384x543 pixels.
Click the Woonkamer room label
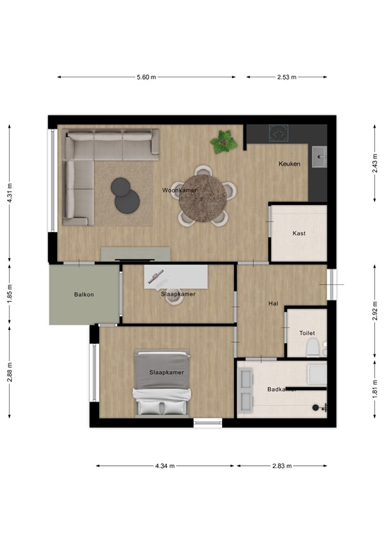179,191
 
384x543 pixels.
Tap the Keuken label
289,164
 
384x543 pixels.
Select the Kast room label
299,233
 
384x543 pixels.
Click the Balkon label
83,294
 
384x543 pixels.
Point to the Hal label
273,303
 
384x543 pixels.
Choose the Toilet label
306,332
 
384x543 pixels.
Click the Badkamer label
281,390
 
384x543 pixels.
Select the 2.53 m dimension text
286,77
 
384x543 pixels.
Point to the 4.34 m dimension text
165,466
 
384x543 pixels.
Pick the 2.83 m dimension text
281,466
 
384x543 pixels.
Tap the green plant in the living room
223,142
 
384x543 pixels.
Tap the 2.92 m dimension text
374,310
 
